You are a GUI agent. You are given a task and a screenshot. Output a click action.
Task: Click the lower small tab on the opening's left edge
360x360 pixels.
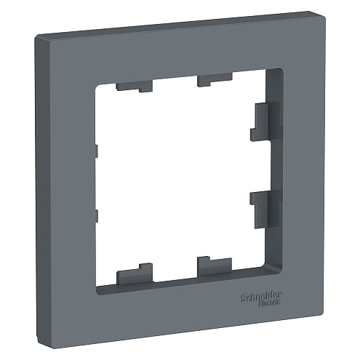pyautogui.click(x=95, y=215)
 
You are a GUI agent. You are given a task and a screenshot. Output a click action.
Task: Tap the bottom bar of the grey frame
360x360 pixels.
pyautogui.click(x=182, y=302)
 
